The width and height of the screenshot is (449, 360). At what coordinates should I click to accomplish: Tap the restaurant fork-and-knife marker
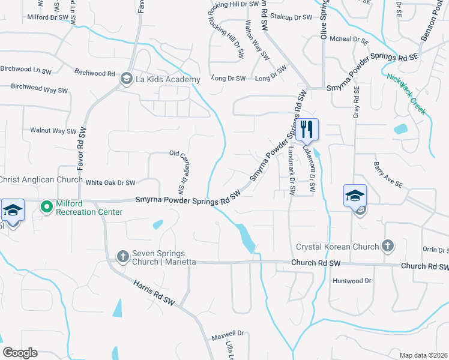[307, 129]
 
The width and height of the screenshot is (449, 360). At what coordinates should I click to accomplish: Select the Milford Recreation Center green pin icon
[46, 207]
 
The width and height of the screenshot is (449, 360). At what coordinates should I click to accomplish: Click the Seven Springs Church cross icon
[122, 257]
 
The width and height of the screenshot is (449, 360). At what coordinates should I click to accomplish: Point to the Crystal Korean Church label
[338, 247]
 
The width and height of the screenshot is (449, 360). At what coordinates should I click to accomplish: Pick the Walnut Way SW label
[53, 130]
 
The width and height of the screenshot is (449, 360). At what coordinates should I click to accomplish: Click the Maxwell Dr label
[227, 334]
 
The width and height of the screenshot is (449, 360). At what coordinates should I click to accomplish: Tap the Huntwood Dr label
[352, 280]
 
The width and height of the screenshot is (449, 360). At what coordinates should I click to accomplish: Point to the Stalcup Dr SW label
[291, 17]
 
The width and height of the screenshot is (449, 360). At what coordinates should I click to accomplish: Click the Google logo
[20, 353]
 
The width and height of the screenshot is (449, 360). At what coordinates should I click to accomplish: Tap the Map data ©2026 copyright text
[423, 355]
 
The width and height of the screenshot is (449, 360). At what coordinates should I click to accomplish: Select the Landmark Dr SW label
[292, 172]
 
